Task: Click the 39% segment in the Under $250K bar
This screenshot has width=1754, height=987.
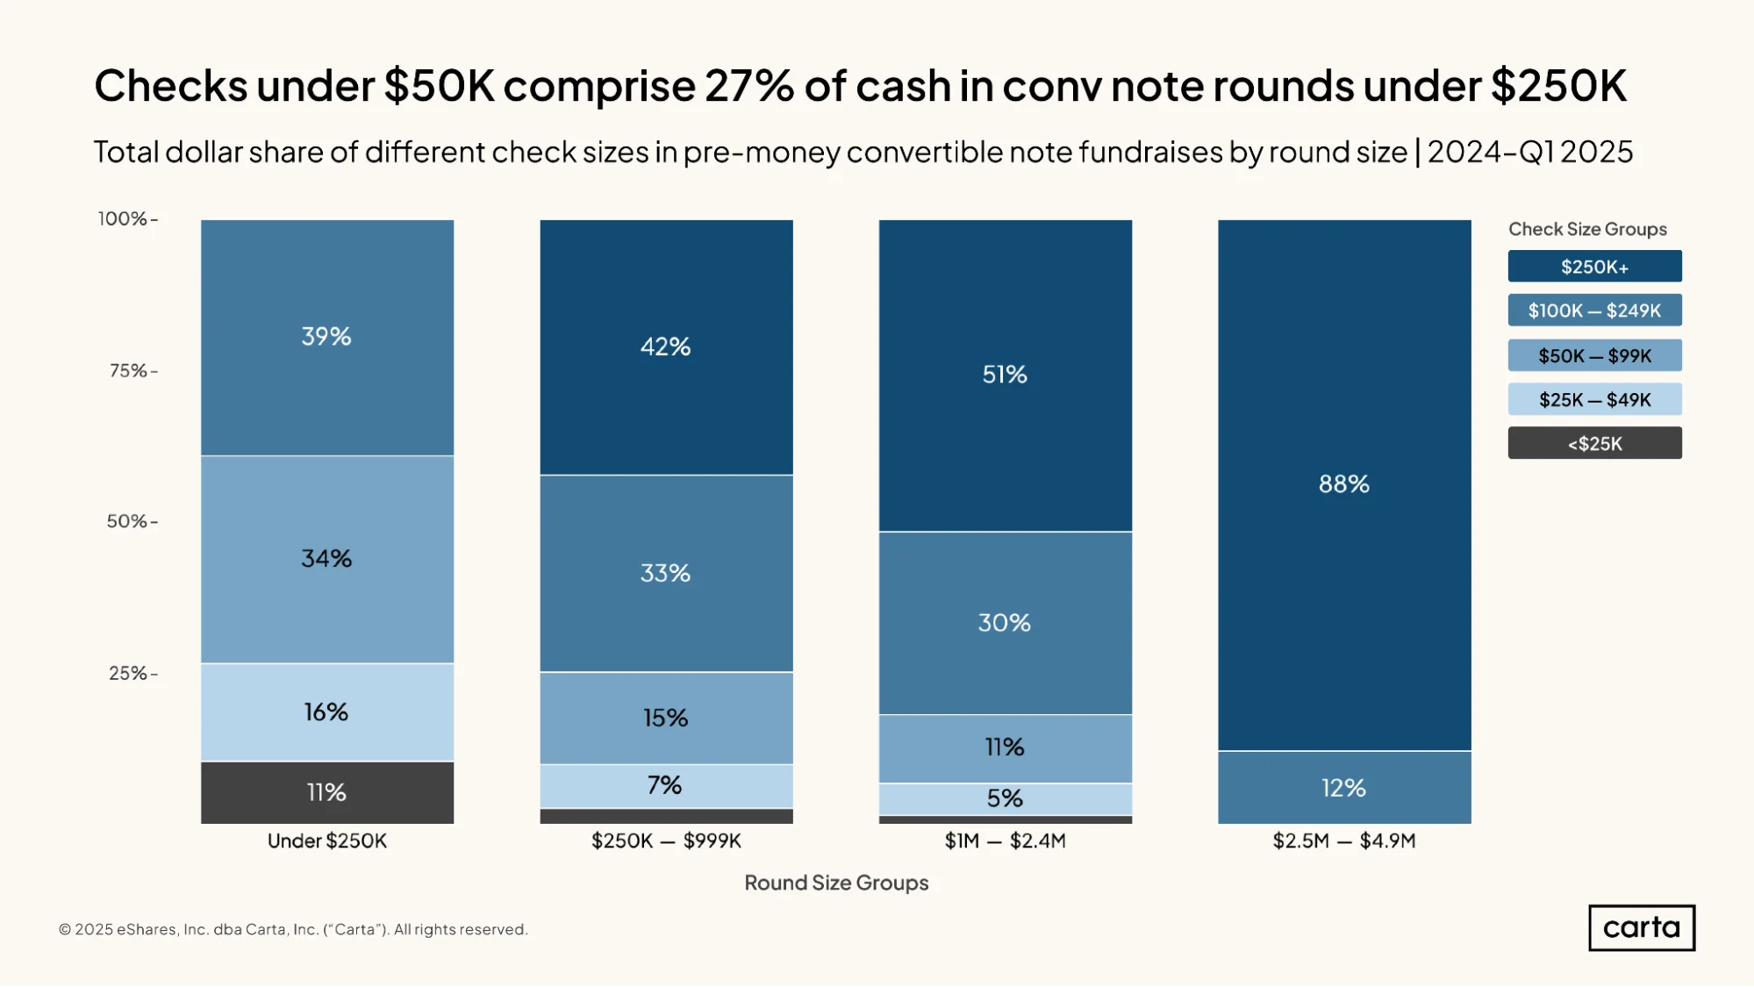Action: click(327, 338)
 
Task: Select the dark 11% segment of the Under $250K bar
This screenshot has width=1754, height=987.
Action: click(327, 792)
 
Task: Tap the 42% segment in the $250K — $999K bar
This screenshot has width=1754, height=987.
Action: click(666, 347)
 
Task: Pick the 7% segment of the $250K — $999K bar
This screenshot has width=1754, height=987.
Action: click(666, 786)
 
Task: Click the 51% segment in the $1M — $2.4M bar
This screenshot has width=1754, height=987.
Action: click(1006, 375)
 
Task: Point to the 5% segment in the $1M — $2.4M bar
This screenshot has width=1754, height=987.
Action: click(1006, 799)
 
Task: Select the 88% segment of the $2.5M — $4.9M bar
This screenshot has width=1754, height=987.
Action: click(1344, 485)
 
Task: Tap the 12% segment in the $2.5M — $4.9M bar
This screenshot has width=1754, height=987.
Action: click(1344, 788)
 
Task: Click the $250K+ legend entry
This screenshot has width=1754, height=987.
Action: click(1595, 267)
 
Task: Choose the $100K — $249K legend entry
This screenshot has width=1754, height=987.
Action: click(1595, 311)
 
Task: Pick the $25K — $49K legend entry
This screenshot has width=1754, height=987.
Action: click(1595, 400)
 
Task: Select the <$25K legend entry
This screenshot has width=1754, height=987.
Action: click(1595, 443)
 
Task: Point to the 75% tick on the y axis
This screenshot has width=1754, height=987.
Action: click(154, 371)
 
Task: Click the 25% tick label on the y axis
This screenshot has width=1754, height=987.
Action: click(128, 674)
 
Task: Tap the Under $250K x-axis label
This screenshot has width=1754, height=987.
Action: click(327, 841)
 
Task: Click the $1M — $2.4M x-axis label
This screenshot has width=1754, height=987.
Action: click(1006, 841)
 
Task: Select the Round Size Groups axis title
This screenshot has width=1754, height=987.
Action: click(836, 883)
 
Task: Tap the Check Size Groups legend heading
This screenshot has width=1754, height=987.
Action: click(1587, 230)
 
